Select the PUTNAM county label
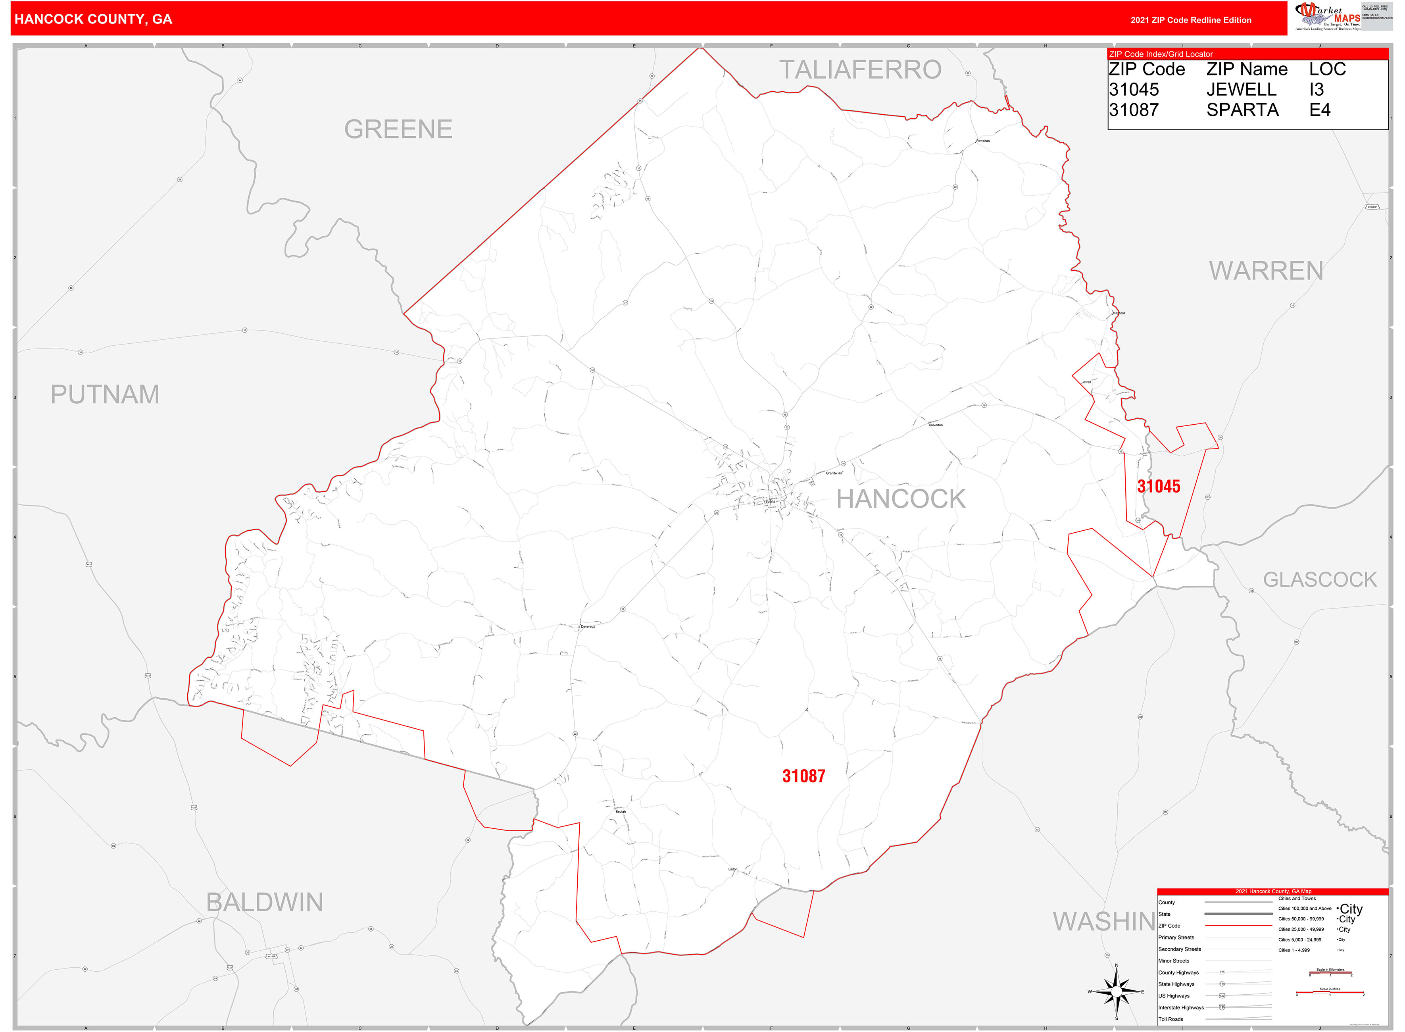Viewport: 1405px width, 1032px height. point(105,394)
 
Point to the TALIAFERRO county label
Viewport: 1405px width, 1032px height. point(860,69)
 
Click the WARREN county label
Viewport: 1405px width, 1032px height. point(1266,270)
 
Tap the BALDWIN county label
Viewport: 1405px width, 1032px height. point(265,902)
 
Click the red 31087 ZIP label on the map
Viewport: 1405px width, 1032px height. point(803,776)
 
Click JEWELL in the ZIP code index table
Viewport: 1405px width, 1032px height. point(1242,89)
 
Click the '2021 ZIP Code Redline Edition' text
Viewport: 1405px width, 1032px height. point(1191,20)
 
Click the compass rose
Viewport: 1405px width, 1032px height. point(1117,992)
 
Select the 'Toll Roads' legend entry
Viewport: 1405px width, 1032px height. point(1171,1019)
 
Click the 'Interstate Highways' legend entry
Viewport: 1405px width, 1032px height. point(1181,1007)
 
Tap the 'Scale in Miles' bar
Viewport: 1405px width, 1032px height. point(1330,992)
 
